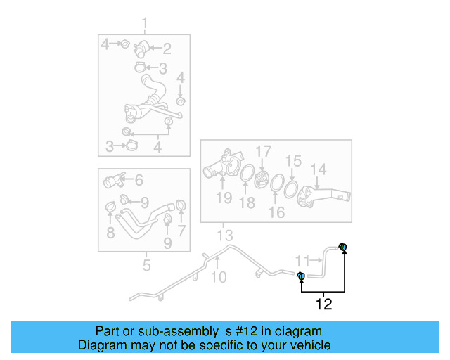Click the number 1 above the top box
[145, 27]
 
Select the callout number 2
[167, 49]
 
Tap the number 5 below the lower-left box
[146, 265]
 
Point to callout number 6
[139, 180]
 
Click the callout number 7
[181, 231]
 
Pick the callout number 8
[111, 232]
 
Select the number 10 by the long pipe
[219, 277]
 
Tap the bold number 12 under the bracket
[323, 304]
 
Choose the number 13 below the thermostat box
[224, 234]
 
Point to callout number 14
[319, 169]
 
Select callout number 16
[277, 212]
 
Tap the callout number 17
[263, 151]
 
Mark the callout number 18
[247, 203]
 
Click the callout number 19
[224, 198]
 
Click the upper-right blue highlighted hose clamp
[343, 247]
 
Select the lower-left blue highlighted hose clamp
[300, 276]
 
